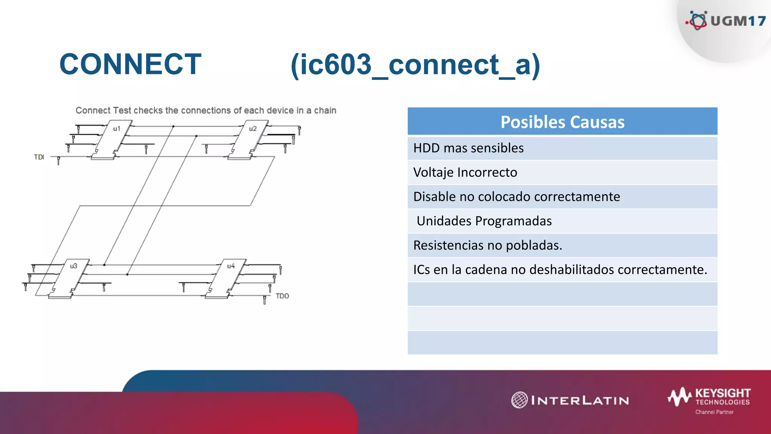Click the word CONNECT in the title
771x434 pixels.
point(130,64)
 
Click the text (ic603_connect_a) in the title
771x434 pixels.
point(415,65)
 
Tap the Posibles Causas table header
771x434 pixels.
point(562,122)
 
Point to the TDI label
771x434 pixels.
point(39,157)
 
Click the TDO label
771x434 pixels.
point(282,296)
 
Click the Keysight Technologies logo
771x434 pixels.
point(710,397)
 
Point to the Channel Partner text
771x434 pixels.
point(714,412)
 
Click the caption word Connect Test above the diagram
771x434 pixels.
point(103,110)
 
